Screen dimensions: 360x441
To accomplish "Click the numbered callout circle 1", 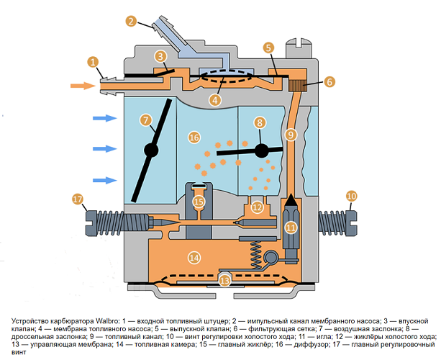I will coord(93,62).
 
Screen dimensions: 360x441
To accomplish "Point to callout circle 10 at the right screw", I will coord(351,195).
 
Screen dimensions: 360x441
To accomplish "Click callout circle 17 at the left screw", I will coord(78,199).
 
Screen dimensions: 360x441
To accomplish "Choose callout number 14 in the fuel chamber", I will coord(194,257).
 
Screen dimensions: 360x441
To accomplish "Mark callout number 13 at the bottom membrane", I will coord(224,281).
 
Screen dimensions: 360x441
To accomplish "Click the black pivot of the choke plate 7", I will coord(151,150).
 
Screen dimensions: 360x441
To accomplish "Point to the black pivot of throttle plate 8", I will coord(260,150).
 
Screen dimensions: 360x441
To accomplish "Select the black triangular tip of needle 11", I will coord(290,200).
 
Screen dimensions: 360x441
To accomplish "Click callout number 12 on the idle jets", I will coord(257,207).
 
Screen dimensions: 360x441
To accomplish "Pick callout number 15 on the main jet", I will coord(199,202).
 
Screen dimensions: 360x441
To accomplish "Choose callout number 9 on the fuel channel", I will coord(290,134).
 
